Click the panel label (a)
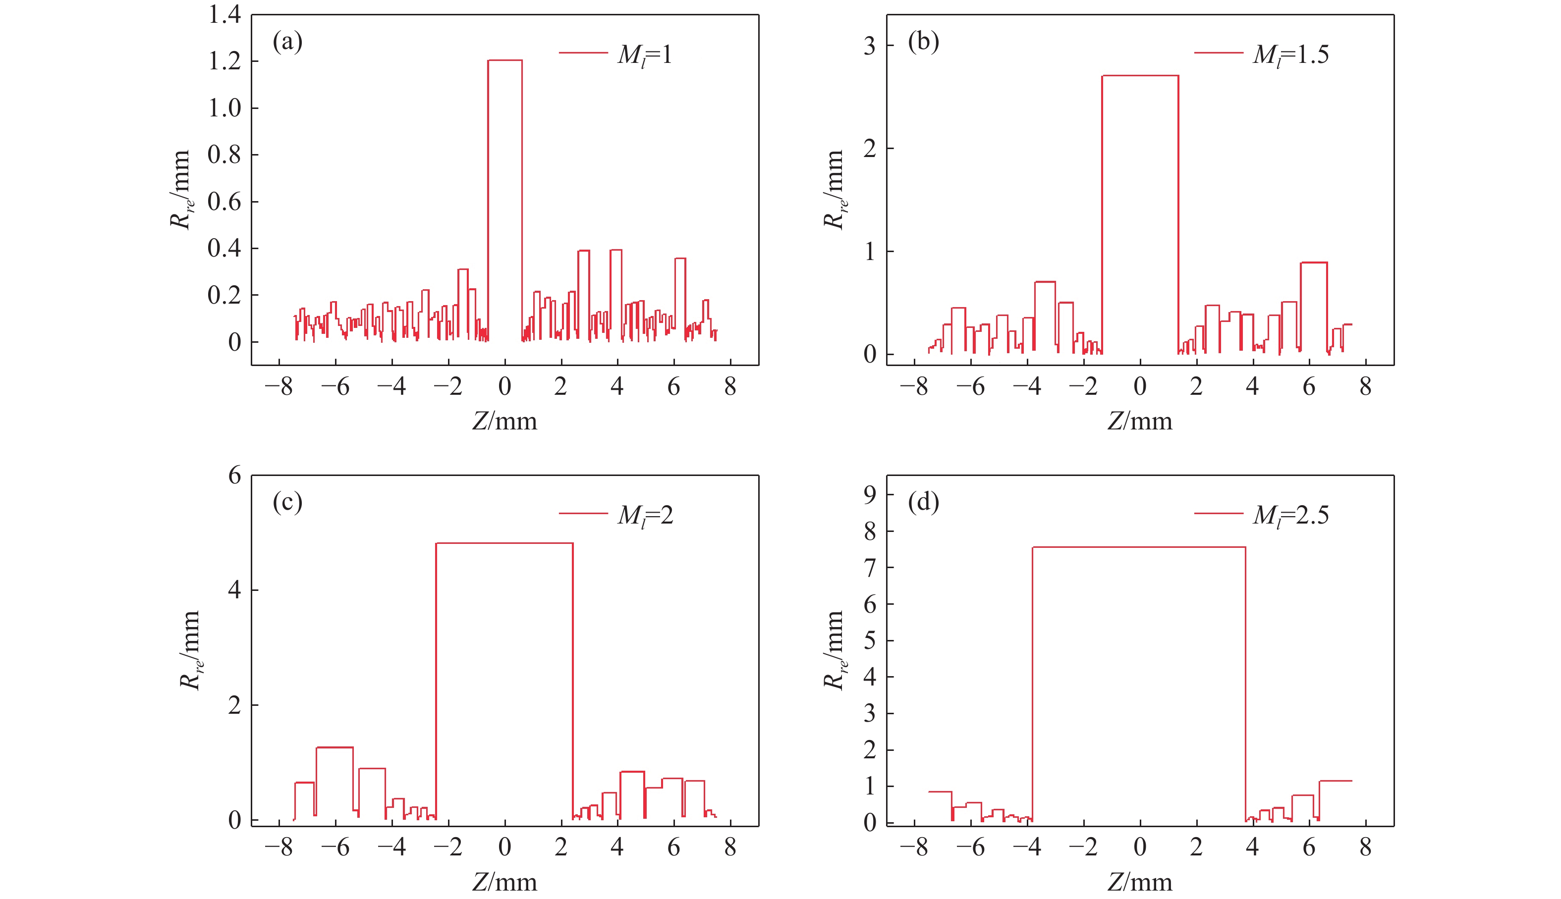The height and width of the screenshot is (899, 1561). tap(287, 42)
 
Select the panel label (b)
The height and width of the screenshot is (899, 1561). tap(923, 42)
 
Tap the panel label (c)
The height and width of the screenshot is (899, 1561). tap(287, 503)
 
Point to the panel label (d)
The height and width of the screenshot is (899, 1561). tap(923, 503)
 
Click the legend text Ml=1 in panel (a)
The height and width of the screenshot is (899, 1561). tap(644, 54)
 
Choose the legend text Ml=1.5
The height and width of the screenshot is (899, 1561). tap(1290, 54)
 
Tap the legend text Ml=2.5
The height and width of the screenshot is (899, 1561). tap(1290, 515)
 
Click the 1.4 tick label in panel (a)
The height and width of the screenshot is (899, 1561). tap(224, 14)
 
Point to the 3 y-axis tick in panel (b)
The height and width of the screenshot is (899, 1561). tap(870, 46)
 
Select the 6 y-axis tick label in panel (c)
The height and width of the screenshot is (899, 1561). tap(235, 476)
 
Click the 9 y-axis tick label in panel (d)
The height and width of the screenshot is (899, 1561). tap(870, 494)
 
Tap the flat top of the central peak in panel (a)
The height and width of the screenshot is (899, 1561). tap(504, 60)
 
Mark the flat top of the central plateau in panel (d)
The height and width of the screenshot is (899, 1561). tap(1138, 547)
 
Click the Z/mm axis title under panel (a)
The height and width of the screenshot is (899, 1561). tap(504, 421)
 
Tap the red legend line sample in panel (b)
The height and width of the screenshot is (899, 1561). tap(1218, 53)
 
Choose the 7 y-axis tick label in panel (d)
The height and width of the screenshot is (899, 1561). tap(870, 568)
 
